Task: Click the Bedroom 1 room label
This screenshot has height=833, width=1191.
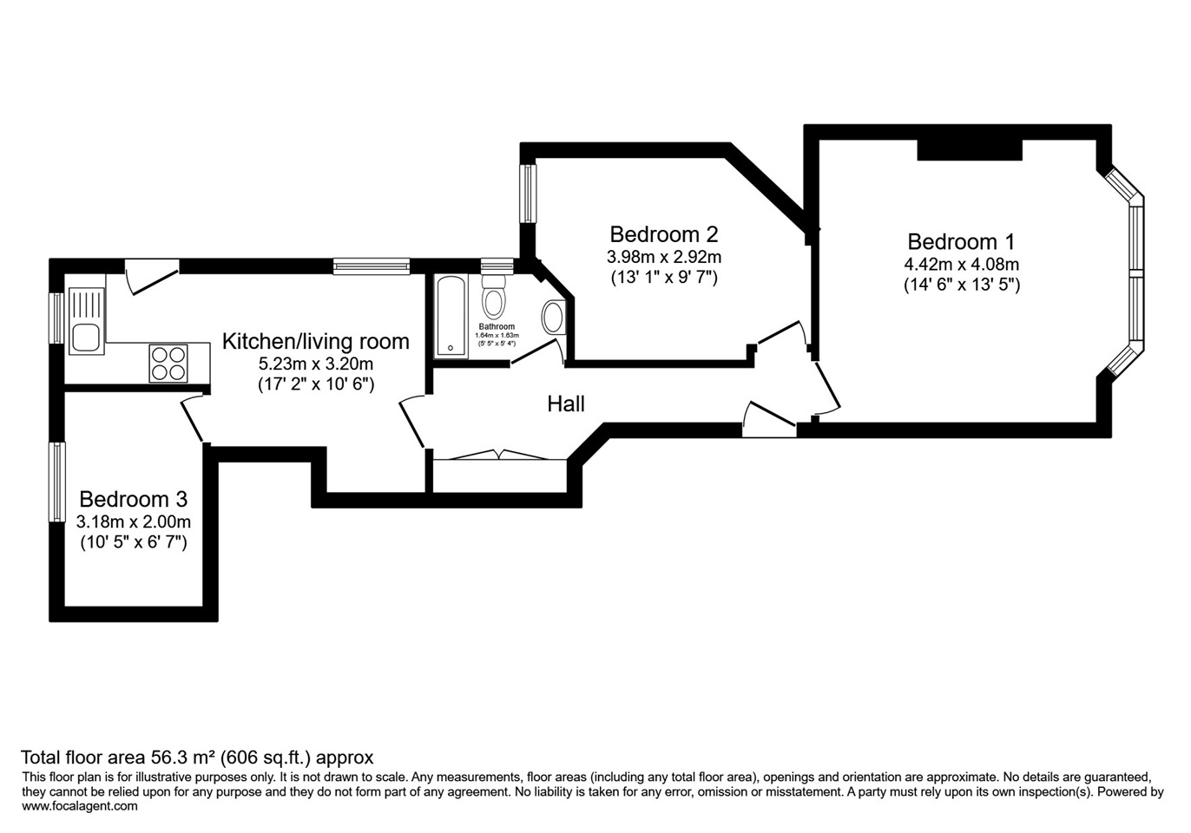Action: (961, 242)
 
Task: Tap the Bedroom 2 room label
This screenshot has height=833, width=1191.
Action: (663, 234)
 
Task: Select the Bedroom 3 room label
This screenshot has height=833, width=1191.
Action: (133, 500)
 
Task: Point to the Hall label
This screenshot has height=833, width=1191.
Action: (566, 403)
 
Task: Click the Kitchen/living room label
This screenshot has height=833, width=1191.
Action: (315, 341)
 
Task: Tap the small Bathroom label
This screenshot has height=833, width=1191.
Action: (497, 327)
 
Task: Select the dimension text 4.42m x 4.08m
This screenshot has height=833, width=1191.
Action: (961, 265)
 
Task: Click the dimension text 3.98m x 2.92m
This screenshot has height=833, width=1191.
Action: (663, 258)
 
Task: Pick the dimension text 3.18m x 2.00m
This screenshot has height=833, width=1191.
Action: (133, 522)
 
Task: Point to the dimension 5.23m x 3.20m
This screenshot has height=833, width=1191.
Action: (315, 364)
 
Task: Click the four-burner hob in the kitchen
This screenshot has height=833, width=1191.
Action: (168, 363)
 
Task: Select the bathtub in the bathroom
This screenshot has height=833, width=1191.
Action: (451, 316)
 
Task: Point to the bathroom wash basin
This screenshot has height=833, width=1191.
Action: (553, 318)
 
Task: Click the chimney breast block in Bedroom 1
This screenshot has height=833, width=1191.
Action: (969, 149)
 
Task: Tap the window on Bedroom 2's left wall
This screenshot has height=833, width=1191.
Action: (528, 192)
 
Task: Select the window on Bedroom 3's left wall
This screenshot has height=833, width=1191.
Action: (57, 482)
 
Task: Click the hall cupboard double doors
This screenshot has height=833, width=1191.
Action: (499, 454)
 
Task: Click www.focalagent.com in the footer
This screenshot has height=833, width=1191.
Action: (80, 806)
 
